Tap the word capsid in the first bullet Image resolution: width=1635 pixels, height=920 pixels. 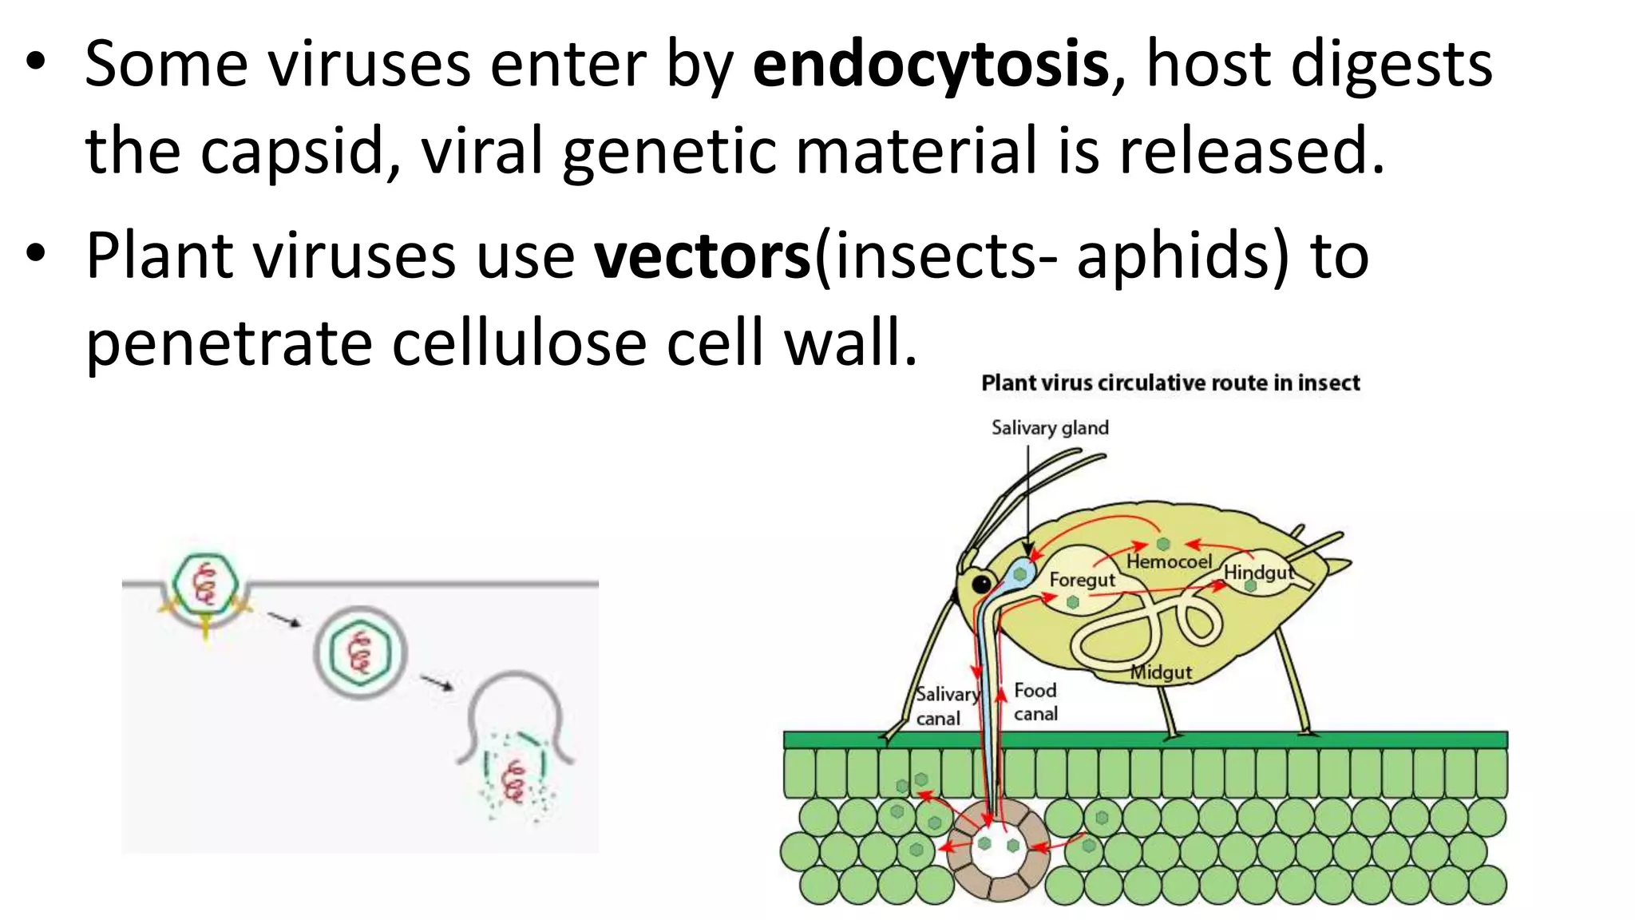point(292,152)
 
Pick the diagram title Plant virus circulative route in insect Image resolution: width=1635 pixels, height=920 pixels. point(1170,383)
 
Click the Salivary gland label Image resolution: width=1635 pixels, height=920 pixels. point(1050,428)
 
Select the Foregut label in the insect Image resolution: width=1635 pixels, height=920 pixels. point(1082,580)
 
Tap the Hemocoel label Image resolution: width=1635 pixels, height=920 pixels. point(1169,562)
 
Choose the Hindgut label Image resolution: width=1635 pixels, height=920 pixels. point(1259,573)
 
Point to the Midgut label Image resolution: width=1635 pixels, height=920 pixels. point(1161,672)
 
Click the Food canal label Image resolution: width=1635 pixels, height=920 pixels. point(1035,701)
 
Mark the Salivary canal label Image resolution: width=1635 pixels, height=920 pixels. point(946,706)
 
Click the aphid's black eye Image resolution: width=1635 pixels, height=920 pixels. point(981,584)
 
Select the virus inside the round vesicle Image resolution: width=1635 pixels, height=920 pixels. point(360,652)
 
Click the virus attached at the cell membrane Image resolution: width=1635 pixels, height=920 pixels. point(206,583)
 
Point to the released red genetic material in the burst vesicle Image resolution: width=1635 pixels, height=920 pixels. point(513,780)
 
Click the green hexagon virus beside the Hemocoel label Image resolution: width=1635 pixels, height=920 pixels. point(1163,544)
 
